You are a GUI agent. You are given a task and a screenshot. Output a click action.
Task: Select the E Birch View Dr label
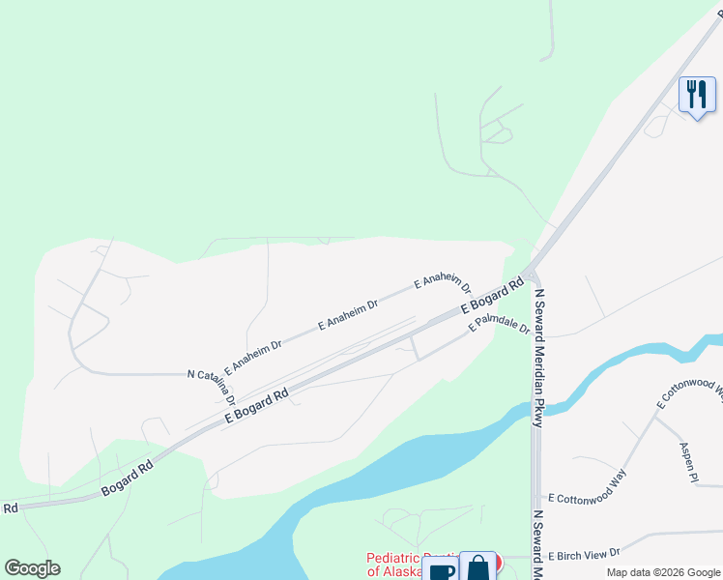tap(584, 555)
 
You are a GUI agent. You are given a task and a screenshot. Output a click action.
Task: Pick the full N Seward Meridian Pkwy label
tap(538, 358)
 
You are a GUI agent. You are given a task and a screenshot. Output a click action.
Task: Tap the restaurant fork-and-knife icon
tap(697, 95)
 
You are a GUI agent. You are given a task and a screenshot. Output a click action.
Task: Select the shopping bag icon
tap(477, 568)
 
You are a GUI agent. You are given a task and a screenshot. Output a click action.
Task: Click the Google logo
tap(32, 568)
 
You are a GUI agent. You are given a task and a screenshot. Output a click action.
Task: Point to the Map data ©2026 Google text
tap(662, 572)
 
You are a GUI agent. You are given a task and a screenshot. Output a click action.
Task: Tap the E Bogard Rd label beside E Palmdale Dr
tap(491, 296)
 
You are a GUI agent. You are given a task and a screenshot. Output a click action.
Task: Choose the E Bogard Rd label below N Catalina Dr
tap(258, 405)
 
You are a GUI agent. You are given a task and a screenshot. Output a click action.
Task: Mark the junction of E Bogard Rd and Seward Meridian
tap(530, 273)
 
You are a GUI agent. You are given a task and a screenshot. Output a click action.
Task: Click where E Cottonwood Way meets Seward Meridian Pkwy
tap(537, 497)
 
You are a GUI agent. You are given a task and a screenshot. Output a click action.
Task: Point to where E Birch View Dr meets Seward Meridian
tap(537, 556)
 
